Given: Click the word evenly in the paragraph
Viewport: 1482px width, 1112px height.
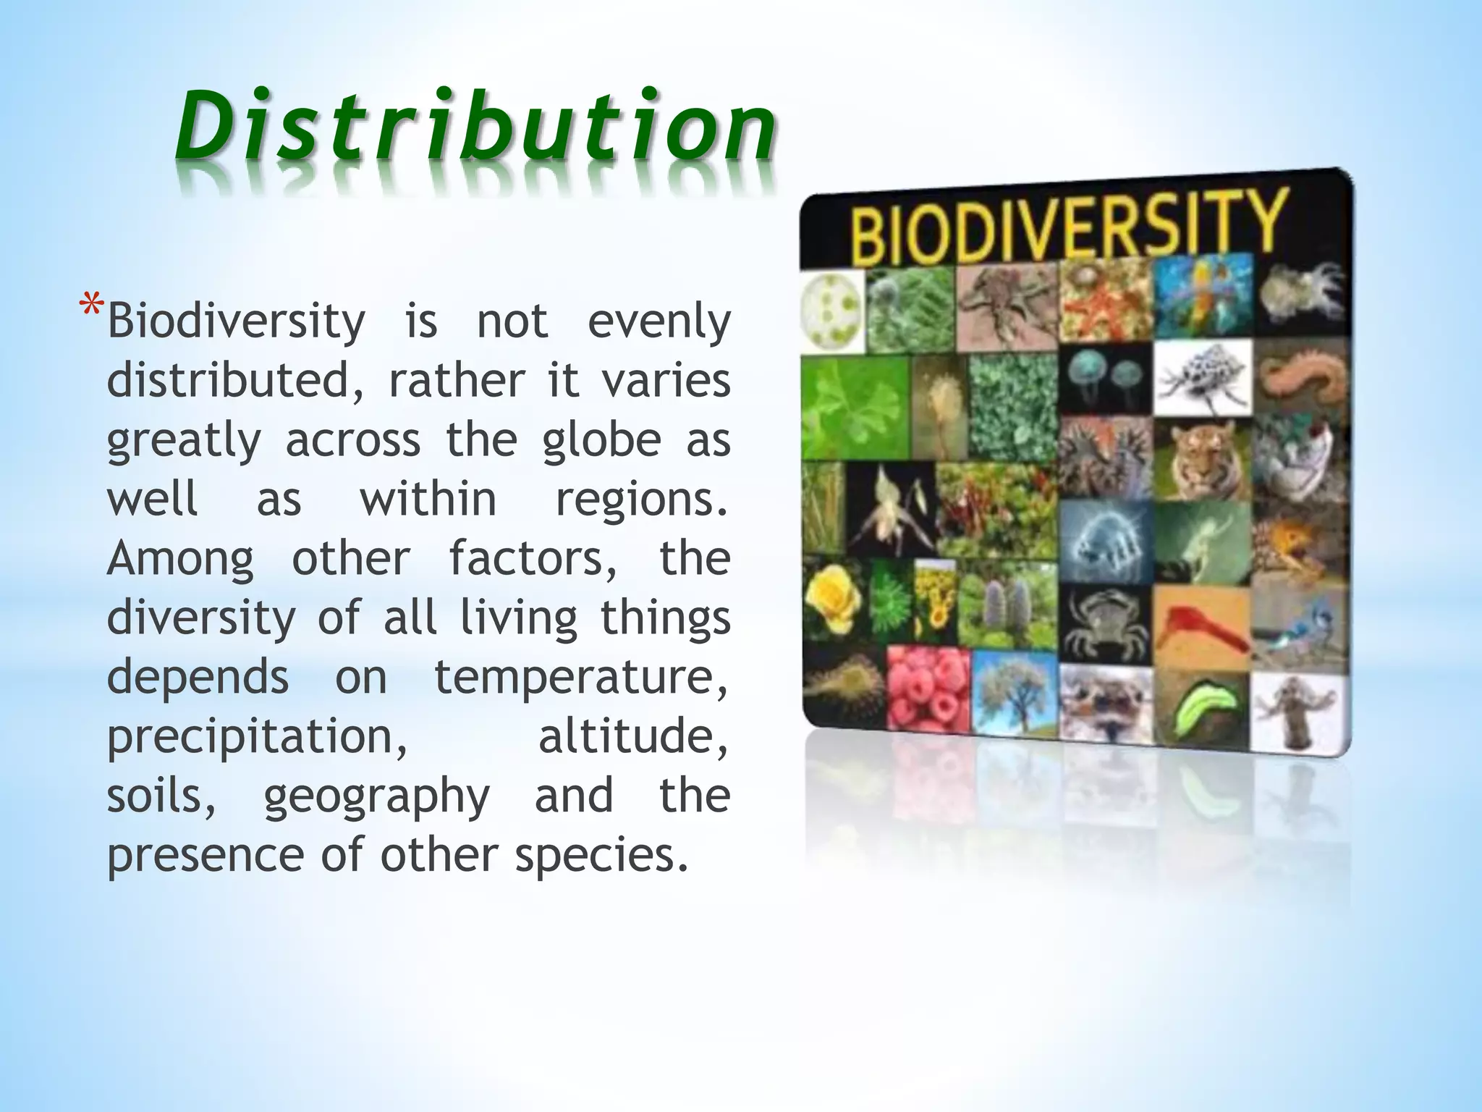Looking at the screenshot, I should point(659,322).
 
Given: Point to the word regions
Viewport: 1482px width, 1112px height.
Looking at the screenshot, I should point(641,500).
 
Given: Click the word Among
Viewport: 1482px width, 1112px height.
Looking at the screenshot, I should point(180,560).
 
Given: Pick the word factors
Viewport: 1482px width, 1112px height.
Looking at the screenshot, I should point(533,560).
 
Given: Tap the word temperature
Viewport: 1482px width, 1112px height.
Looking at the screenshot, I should point(580,678).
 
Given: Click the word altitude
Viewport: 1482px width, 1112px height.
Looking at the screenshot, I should point(633,737).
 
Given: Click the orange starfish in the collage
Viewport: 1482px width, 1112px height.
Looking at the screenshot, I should point(1103,300).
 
